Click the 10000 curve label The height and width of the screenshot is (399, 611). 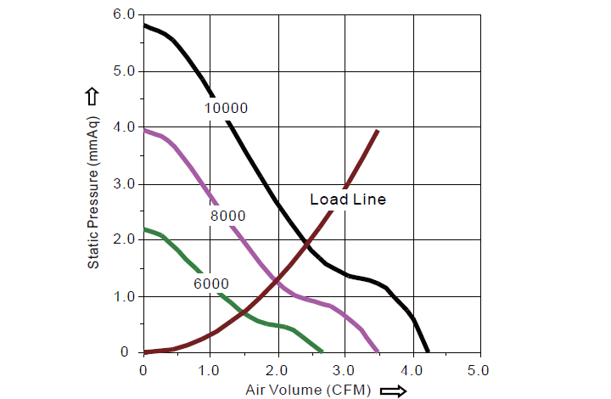[226, 108]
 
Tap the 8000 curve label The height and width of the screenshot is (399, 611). [227, 216]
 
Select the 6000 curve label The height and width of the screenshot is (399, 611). [210, 284]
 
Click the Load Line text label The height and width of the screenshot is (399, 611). [348, 199]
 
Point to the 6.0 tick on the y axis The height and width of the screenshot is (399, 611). [123, 15]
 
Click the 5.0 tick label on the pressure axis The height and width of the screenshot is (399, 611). [123, 71]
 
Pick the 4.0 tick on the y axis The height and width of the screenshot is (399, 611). [123, 127]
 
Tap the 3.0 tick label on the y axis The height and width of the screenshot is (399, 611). [123, 184]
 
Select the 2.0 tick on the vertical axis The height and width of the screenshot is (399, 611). [123, 240]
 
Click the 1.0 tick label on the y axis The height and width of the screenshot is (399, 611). [123, 296]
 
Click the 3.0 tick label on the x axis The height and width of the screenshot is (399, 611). [345, 370]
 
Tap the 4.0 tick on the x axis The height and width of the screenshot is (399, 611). [412, 370]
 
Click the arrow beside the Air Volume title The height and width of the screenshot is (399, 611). [393, 391]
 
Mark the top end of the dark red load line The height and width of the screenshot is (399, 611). [377, 131]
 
